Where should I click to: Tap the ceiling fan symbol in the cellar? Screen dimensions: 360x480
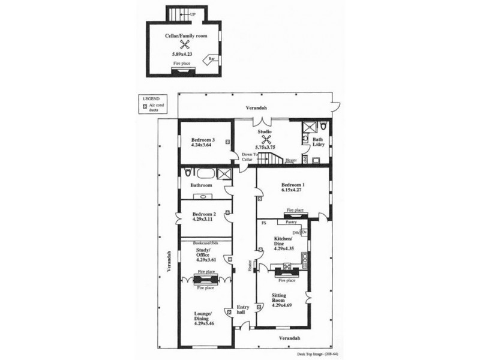pos(184,45)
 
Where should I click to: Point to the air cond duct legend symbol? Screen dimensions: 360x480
pos(144,107)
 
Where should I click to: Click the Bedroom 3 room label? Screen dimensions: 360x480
pos(195,139)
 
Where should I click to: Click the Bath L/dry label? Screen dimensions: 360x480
pos(317,143)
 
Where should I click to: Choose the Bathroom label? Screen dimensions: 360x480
pos(202,185)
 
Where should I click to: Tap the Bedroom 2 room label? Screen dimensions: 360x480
pos(203,214)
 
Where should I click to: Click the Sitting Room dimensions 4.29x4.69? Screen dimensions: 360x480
pos(281,305)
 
